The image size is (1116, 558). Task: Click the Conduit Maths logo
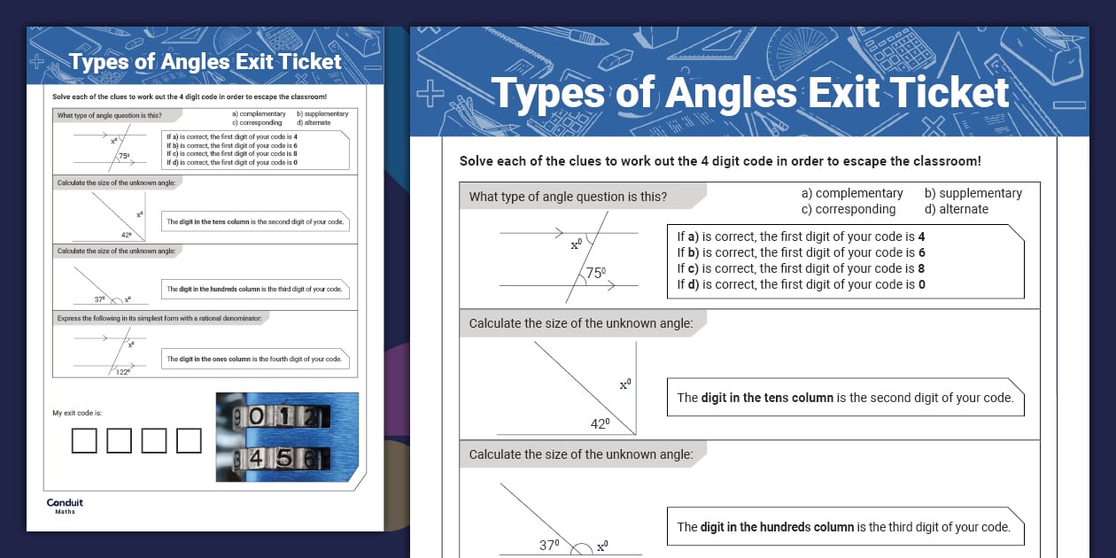point(65,506)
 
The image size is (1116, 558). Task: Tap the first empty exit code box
point(84,440)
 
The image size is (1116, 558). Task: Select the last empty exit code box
point(189,440)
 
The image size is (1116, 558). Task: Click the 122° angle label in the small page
point(123,372)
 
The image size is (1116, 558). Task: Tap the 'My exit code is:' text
point(77,414)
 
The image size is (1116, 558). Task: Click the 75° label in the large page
point(597,274)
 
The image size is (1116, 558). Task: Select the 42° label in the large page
point(601,424)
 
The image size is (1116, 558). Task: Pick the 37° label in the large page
point(550,546)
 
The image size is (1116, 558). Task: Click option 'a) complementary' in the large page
point(851,193)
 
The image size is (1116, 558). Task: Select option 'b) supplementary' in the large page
point(973,193)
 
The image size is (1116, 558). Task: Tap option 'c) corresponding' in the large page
point(848,209)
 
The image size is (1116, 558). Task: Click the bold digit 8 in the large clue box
point(921,268)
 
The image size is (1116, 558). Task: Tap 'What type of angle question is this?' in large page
point(568,197)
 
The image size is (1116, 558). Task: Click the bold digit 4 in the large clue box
point(921,236)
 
